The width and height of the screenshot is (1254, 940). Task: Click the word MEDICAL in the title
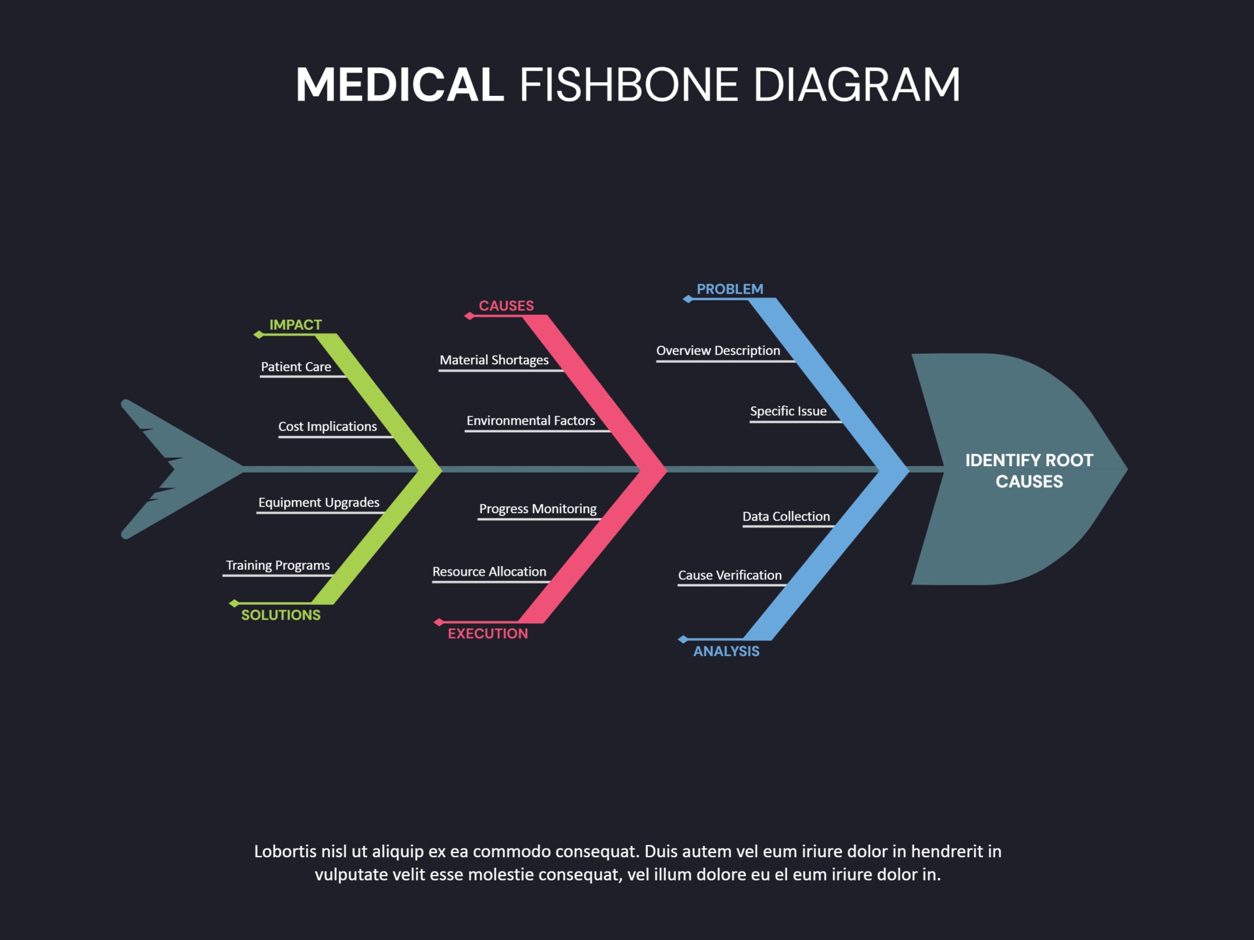click(x=400, y=85)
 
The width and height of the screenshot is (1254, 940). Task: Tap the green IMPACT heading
click(x=295, y=324)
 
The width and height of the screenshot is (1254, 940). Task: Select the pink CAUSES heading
click(x=506, y=305)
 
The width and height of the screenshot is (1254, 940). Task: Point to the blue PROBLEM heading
click(x=730, y=289)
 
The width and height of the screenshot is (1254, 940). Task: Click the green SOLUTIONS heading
click(x=281, y=615)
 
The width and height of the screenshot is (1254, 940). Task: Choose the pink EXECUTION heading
click(x=488, y=633)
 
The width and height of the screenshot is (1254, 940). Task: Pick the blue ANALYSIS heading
click(x=726, y=651)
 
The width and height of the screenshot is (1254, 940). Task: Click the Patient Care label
click(x=296, y=367)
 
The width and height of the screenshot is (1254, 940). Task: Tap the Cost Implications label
click(x=327, y=426)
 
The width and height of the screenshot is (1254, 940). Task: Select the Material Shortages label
click(x=494, y=360)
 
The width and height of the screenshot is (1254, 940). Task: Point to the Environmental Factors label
click(x=530, y=420)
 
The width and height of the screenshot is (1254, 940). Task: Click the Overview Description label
click(x=718, y=351)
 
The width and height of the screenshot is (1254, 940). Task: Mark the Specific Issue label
click(x=788, y=411)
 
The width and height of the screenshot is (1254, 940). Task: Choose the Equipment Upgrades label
click(x=319, y=502)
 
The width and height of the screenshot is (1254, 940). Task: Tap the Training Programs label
click(x=278, y=565)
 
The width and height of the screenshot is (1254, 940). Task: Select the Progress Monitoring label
click(x=538, y=509)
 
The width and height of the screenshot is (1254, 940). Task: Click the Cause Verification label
click(x=730, y=575)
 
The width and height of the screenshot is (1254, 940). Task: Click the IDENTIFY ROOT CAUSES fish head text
click(x=1029, y=471)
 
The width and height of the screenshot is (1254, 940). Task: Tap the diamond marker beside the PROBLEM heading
click(x=688, y=299)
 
